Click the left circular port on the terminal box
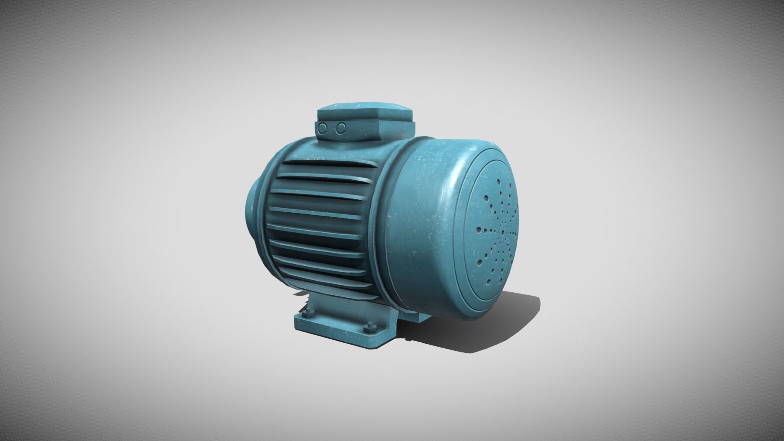[323, 128]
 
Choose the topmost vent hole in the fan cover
[499, 181]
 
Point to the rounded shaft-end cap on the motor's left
[250, 212]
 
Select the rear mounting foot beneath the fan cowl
[412, 315]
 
